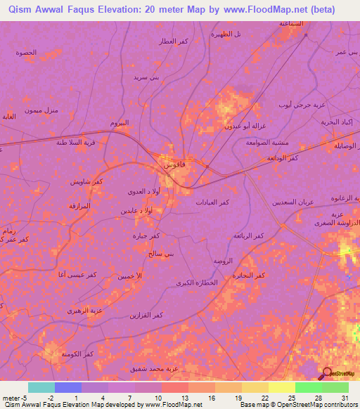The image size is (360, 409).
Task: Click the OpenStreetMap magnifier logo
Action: point(326,374)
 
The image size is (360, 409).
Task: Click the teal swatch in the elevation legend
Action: point(41,387)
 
